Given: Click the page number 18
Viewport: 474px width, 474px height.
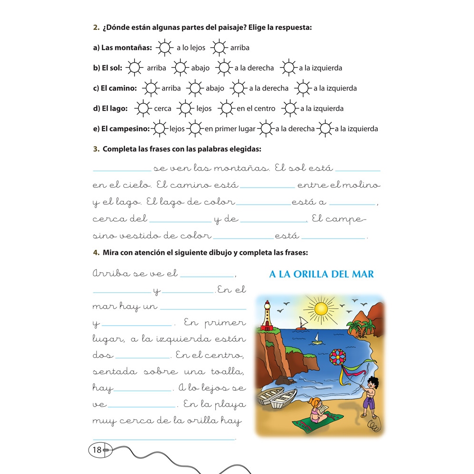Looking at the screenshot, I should tap(97, 450).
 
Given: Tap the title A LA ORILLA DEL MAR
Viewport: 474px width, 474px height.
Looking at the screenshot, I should tap(321, 274).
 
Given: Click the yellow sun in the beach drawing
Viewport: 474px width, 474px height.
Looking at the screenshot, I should tap(321, 309).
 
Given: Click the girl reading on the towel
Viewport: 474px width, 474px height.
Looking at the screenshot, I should tap(316, 410).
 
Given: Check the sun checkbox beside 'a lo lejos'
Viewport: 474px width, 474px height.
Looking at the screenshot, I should tap(164, 47).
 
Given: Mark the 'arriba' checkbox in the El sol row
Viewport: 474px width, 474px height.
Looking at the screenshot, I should tap(135, 68).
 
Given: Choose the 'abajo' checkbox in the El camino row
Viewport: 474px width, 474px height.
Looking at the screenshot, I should tap(194, 88).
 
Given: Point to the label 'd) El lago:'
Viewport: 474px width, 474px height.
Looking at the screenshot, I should tap(110, 109).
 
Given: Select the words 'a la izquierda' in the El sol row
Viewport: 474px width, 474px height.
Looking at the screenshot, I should tap(320, 68).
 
